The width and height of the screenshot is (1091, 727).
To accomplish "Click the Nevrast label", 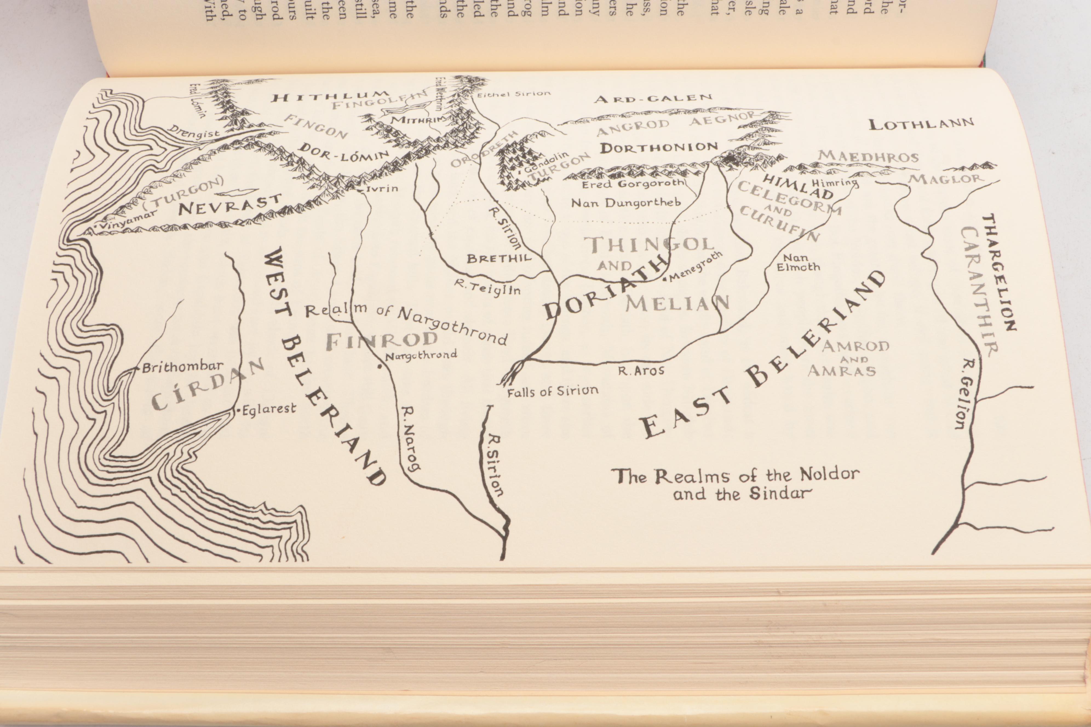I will (x=230, y=204).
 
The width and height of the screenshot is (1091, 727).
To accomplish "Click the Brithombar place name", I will (x=182, y=368).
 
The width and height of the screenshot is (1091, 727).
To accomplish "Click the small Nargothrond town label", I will (x=421, y=356).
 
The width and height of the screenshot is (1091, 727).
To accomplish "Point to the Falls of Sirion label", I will (x=552, y=392).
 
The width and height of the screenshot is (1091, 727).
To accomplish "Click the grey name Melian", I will (x=677, y=303).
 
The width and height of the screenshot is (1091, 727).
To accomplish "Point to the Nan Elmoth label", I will (x=798, y=262).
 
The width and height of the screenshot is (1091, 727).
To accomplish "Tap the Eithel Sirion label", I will (x=513, y=94).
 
